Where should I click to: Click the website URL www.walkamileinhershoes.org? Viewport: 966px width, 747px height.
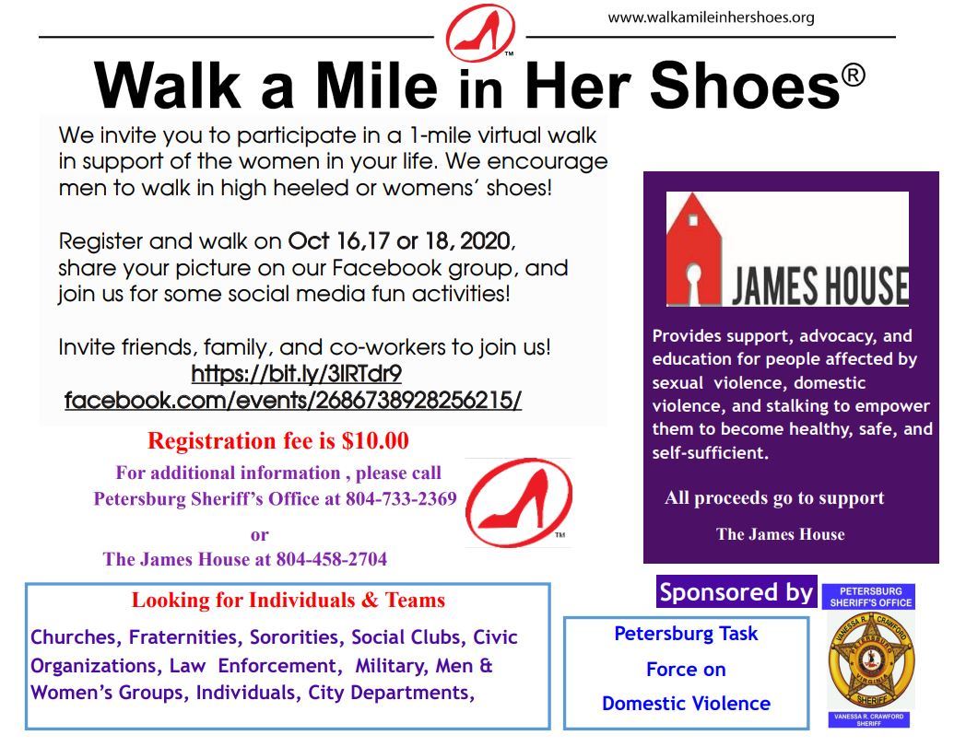(711, 18)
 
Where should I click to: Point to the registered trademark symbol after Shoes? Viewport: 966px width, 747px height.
(853, 75)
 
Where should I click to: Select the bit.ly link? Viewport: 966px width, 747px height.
(296, 374)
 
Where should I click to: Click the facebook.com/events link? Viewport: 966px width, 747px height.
(293, 401)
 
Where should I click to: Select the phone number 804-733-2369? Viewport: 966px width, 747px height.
(401, 499)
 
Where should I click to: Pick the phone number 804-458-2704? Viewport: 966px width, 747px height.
(331, 559)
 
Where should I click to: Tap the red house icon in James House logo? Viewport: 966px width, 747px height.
(697, 249)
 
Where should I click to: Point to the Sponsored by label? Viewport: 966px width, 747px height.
(736, 592)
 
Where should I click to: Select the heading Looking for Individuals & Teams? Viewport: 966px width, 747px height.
(288, 601)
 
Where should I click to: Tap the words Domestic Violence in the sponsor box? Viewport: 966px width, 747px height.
(686, 704)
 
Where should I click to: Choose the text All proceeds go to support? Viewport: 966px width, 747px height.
(774, 498)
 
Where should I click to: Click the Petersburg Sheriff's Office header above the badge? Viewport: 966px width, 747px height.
(868, 596)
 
